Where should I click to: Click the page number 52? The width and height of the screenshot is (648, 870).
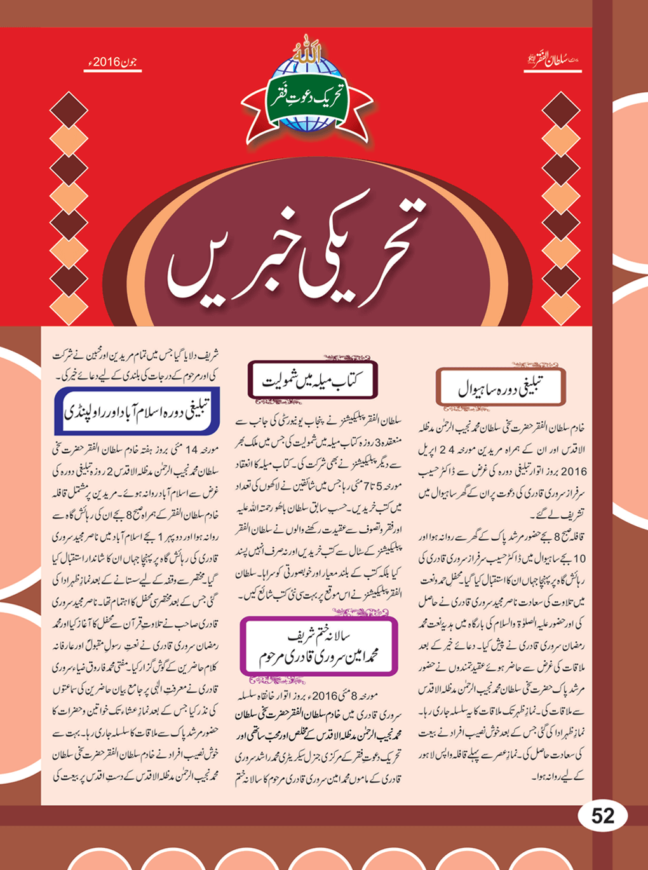[602, 816]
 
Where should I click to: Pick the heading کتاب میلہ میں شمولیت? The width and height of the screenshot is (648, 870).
[313, 381]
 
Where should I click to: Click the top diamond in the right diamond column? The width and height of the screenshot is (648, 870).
[561, 108]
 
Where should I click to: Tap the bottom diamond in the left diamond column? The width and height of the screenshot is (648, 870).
[69, 309]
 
